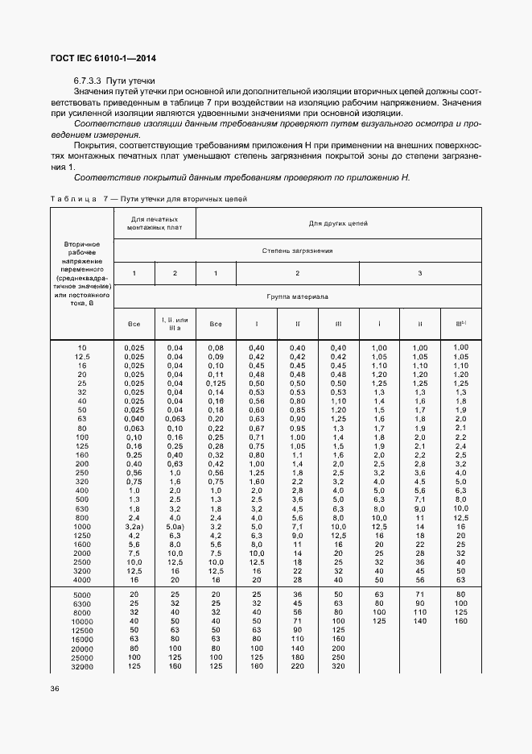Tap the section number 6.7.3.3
tap(90, 81)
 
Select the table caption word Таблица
tap(73, 197)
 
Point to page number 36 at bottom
tap(55, 688)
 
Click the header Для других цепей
tap(338, 222)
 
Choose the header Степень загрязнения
tap(297, 251)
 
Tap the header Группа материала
tap(297, 296)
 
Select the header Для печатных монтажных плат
tap(155, 223)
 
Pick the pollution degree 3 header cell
tap(420, 273)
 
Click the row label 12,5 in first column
tap(81, 355)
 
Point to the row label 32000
tap(80, 667)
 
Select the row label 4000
tap(81, 579)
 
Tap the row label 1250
tap(81, 535)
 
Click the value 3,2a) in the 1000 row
tap(134, 525)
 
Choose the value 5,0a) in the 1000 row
tap(175, 525)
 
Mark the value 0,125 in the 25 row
tap(216, 383)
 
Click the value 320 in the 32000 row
tap(338, 666)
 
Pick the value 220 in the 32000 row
tap(297, 666)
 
